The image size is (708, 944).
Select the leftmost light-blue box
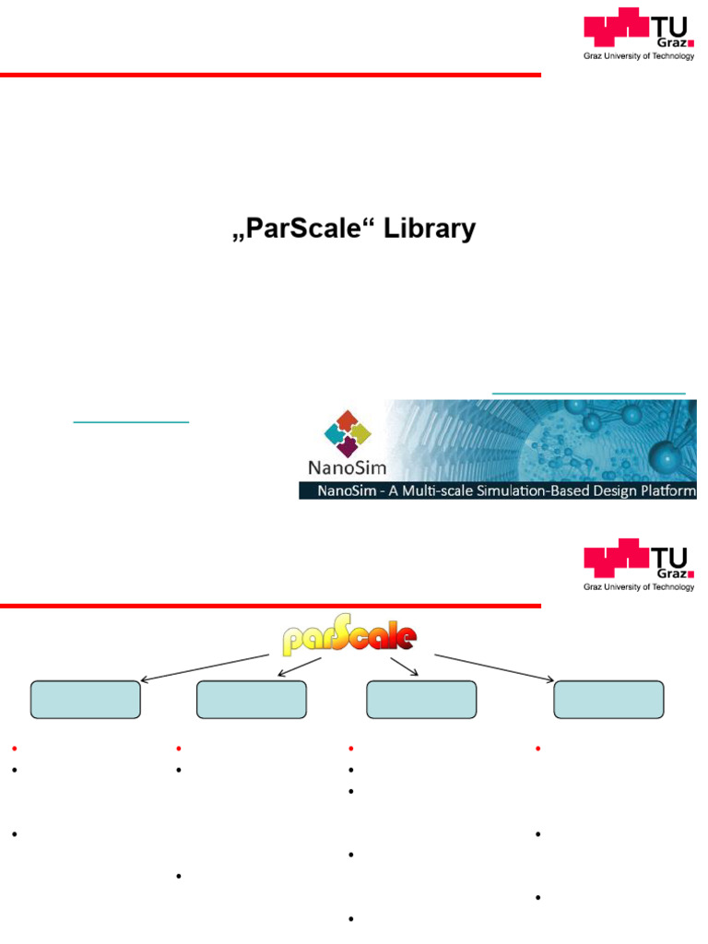(86, 700)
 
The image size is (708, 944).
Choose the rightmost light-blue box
(608, 700)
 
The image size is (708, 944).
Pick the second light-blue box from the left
(252, 700)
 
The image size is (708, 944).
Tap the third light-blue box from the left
(421, 700)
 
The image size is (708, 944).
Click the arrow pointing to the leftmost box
(207, 668)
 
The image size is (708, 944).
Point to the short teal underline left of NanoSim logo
(131, 421)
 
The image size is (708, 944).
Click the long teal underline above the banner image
(589, 394)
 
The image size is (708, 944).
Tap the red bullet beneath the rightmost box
(537, 748)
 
